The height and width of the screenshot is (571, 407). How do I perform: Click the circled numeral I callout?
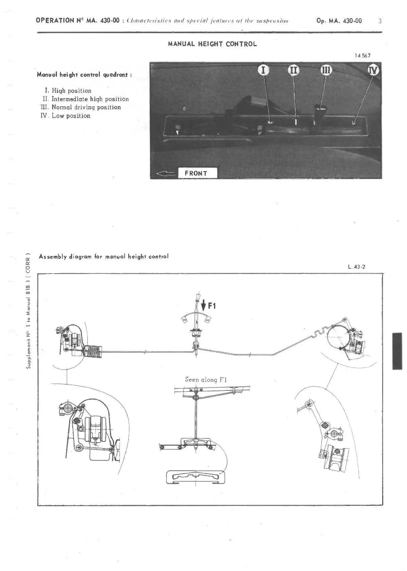(263, 70)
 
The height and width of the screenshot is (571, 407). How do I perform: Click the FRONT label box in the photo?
(196, 173)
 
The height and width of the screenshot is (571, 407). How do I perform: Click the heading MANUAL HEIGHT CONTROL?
(212, 44)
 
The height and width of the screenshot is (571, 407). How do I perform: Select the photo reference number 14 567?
(362, 56)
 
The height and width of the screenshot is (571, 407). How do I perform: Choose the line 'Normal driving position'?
(82, 107)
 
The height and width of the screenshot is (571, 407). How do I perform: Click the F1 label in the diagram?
(212, 306)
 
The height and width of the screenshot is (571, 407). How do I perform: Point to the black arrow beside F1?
(203, 305)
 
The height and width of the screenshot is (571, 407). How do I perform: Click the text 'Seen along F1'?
(206, 380)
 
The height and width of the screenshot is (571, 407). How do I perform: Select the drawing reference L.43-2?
(356, 267)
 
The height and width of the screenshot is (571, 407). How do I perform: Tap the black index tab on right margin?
(397, 351)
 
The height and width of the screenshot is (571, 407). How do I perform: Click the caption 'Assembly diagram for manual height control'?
(104, 256)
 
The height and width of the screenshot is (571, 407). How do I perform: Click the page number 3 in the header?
(380, 21)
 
